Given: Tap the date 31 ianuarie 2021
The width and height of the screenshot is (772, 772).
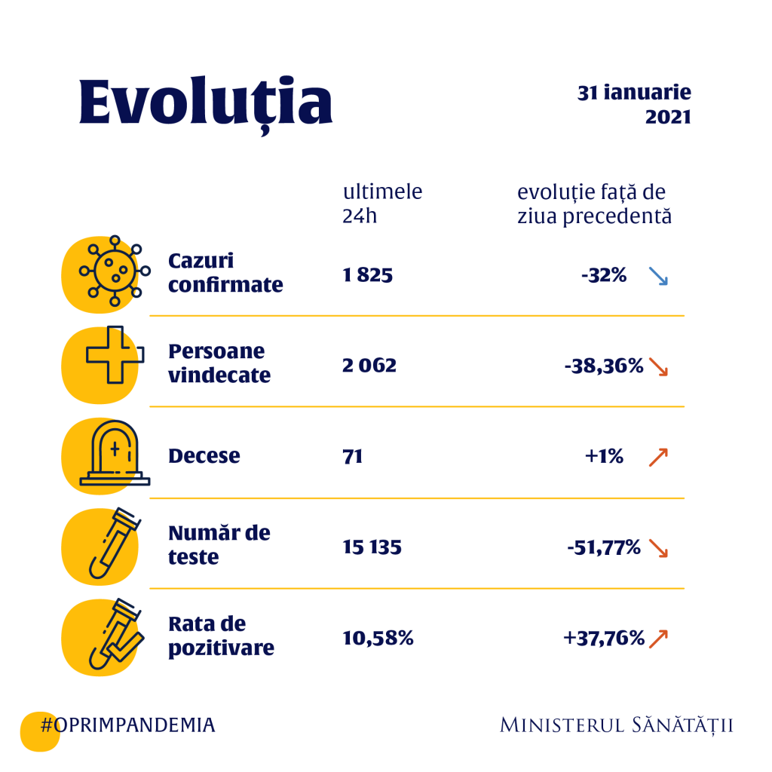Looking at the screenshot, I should coord(634,105).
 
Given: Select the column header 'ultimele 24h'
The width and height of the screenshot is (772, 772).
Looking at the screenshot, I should coord(382,203).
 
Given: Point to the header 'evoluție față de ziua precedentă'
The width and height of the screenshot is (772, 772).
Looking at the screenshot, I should coord(594,204).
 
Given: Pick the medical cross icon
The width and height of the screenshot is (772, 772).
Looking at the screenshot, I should coord(113,357).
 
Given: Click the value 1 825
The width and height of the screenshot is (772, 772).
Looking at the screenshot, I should coord(367,275).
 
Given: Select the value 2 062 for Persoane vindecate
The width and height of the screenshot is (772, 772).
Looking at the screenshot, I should coord(369,366).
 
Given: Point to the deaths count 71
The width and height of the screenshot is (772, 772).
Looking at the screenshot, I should coord(352,456).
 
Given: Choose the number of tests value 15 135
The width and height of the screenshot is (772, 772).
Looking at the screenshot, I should coord(372,547).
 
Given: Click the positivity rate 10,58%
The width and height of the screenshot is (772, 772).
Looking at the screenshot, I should coord(378,639).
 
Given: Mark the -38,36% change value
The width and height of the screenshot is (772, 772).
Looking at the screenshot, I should coord(604,366).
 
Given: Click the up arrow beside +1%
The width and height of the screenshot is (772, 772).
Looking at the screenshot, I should coord(658,457).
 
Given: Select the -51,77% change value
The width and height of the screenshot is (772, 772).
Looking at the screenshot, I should coord(604,547).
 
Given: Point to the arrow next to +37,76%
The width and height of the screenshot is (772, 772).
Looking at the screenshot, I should coord(658,639).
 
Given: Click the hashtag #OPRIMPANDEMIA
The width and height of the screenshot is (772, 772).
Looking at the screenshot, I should coord(127,725).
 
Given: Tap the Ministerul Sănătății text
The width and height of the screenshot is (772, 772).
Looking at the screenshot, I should coord(616,725).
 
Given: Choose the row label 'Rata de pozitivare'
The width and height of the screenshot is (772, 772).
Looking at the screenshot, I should coord(220,636).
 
